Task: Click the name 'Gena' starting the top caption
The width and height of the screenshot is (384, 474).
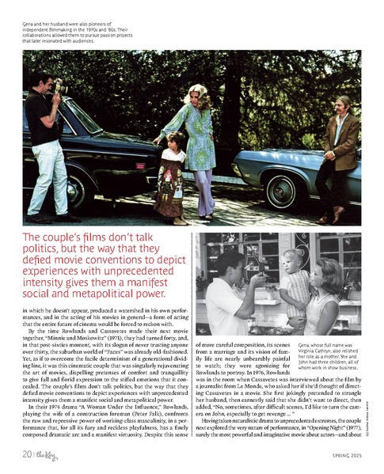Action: [30, 25]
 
